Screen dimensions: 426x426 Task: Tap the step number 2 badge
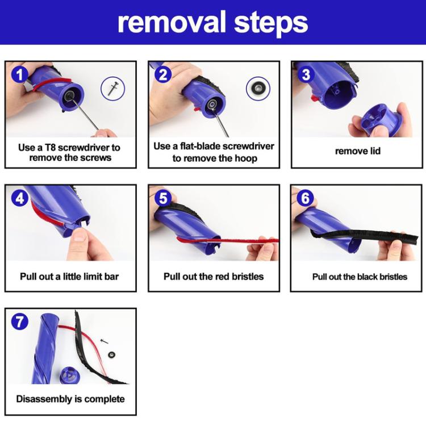coord(162,74)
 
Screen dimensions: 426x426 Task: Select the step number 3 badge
coord(306,74)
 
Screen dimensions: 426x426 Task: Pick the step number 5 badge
coord(162,198)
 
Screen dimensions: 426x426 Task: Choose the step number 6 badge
coord(306,198)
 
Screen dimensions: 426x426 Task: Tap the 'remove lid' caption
coord(357,151)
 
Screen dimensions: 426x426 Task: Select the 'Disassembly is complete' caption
coord(70,399)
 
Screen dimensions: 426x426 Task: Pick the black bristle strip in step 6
coord(364,236)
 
